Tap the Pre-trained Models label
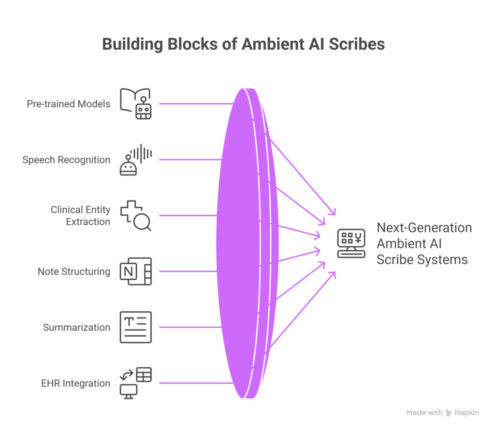tap(68, 104)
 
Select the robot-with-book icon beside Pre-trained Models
tap(135, 103)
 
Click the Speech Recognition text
tap(66, 160)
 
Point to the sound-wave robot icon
tap(135, 159)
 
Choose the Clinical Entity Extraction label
tap(80, 215)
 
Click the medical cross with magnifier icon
tap(135, 215)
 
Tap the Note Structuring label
tap(74, 272)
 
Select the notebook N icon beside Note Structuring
tap(135, 272)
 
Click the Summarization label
tap(76, 328)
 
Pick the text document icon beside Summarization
tap(135, 328)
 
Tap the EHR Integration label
tap(75, 384)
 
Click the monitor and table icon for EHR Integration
tap(135, 383)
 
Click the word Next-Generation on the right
tap(424, 228)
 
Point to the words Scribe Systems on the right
tap(422, 260)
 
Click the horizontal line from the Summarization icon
tap(189, 328)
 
